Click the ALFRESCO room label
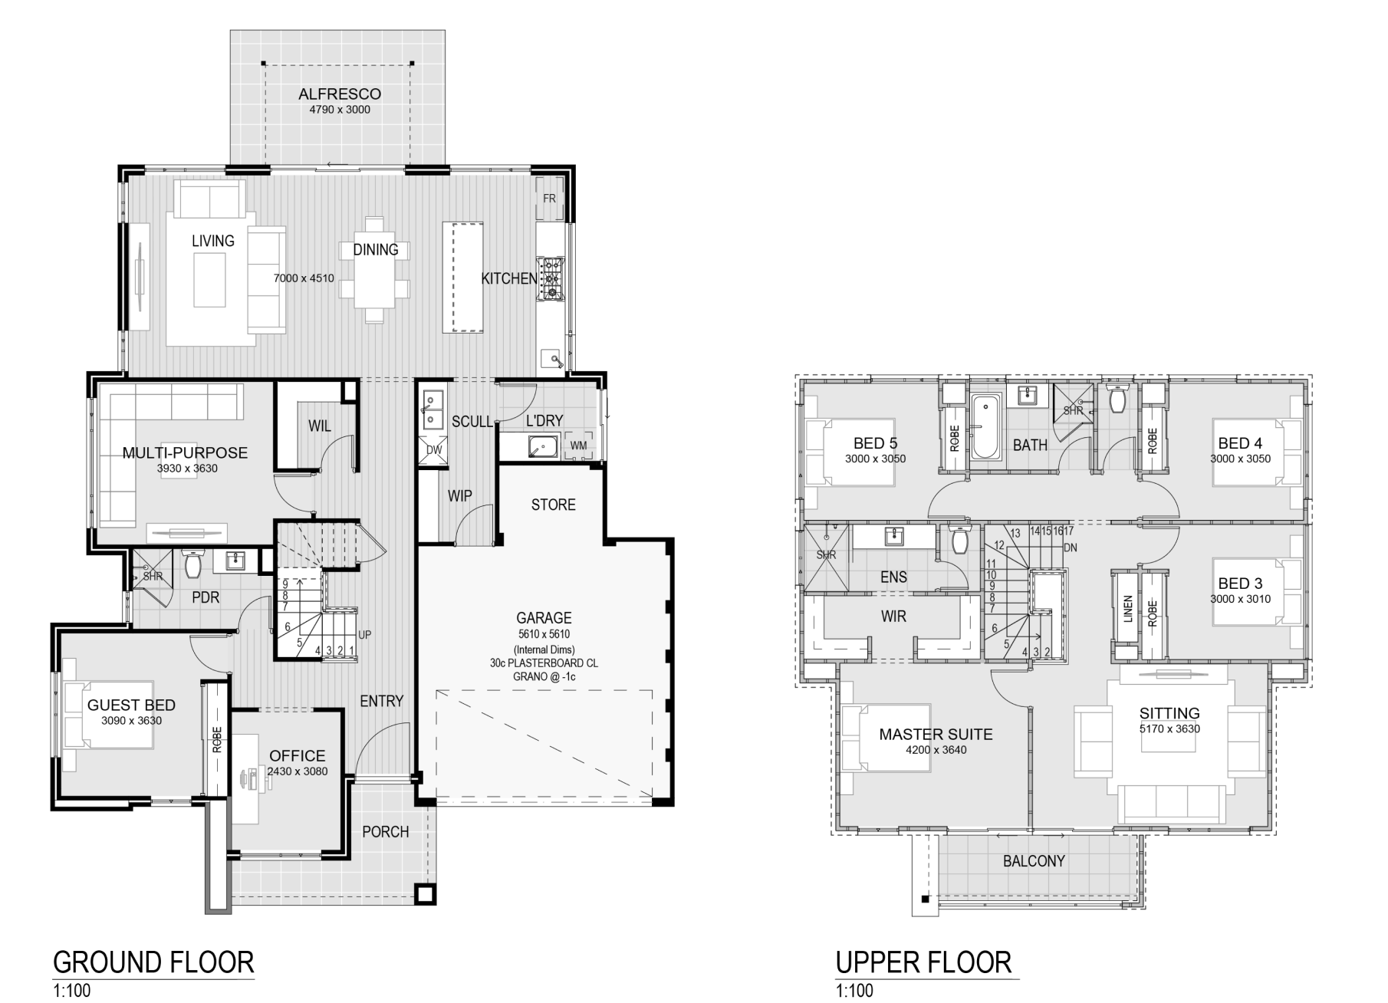pos(340,94)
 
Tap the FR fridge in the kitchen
pos(550,199)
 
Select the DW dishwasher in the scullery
pos(434,449)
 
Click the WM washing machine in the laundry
pos(579,446)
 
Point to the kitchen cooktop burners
pos(551,277)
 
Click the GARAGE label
pos(544,618)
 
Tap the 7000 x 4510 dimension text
pos(304,278)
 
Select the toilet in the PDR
pos(192,564)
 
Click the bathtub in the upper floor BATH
pos(985,426)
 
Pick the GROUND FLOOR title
pos(153,962)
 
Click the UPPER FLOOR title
pos(924,962)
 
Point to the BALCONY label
pos(1034,861)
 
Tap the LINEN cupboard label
pos(1128,609)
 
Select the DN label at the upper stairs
pos(1071,548)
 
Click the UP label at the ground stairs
pos(365,635)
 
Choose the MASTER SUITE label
pos(936,734)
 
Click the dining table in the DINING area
pos(375,270)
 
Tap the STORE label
pos(554,505)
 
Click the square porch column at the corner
pos(425,894)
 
